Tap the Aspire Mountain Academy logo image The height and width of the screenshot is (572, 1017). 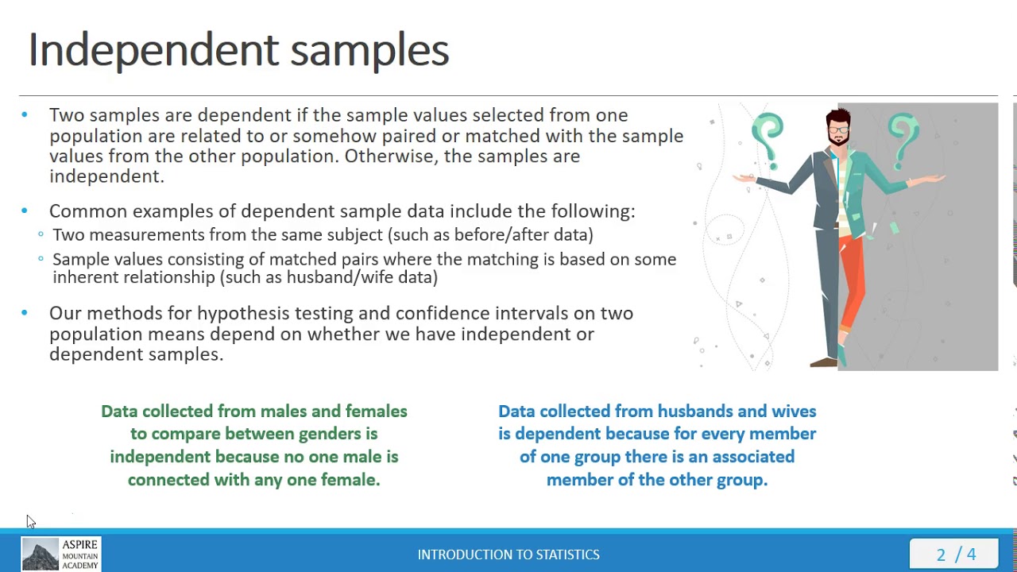[x=41, y=554]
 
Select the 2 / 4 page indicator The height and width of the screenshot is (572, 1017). [x=956, y=554]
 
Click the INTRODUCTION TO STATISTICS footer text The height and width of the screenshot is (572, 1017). [x=508, y=555]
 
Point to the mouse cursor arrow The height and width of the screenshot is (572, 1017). [x=29, y=521]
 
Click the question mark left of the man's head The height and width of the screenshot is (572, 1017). [x=768, y=135]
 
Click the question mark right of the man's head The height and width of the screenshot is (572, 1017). [x=903, y=135]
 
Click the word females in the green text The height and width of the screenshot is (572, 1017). [x=376, y=412]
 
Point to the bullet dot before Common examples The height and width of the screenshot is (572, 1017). [x=25, y=211]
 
